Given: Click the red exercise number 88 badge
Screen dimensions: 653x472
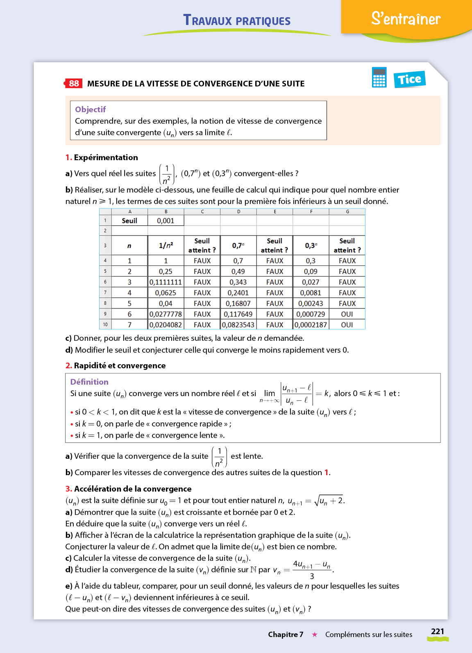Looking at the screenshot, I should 74,84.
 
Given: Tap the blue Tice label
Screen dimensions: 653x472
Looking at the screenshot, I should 409,79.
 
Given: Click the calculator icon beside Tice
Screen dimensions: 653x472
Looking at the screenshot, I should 379,77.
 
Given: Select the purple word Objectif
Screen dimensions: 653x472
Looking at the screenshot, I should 90,109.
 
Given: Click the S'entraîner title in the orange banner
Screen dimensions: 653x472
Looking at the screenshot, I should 406,19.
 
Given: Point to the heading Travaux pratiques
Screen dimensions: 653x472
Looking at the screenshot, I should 237,20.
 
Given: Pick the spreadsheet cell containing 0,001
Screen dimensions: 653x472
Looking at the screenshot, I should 166,221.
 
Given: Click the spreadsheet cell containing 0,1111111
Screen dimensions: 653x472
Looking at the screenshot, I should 166,282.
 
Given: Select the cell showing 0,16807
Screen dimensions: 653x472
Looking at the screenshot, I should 238,304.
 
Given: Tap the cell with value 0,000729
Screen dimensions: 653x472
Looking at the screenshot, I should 311,314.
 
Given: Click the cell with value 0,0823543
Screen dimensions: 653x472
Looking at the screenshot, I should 238,325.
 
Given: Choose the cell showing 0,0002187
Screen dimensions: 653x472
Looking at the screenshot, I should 311,325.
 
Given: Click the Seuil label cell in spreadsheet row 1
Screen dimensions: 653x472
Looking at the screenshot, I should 129,221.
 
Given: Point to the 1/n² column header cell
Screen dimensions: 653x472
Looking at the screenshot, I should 166,246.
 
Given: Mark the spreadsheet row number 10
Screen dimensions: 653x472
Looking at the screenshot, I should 105,325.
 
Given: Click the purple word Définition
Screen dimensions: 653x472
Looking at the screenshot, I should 89,382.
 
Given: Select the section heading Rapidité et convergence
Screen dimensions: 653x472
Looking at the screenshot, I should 120,365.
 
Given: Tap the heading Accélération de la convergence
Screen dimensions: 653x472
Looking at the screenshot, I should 132,489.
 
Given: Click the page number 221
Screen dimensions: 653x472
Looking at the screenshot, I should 438,631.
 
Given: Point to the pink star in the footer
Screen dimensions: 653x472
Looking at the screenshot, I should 315,635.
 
